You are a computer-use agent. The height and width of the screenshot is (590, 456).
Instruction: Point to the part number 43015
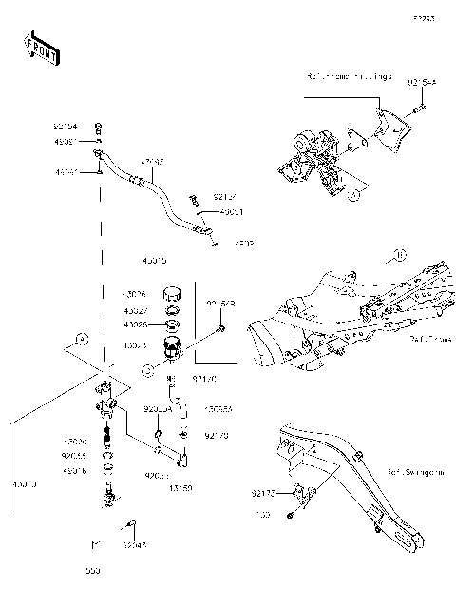pyautogui.click(x=154, y=259)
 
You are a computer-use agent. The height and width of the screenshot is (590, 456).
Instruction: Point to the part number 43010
pyautogui.click(x=24, y=484)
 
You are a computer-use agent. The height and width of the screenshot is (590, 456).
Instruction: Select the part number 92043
pyautogui.click(x=135, y=546)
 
